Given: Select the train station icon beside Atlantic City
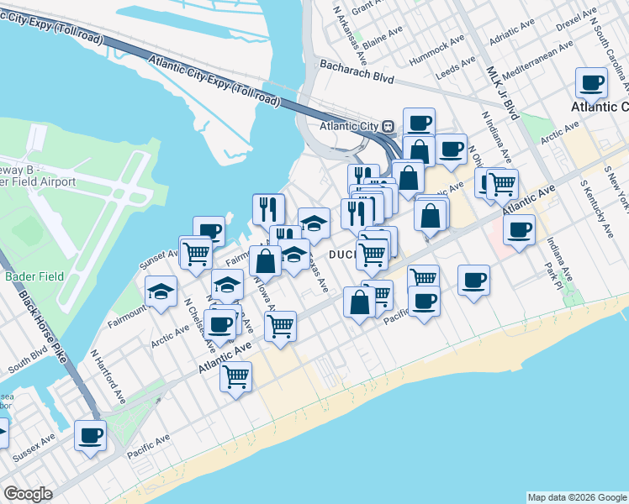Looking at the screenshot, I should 388,126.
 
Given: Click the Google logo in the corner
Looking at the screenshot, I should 28,494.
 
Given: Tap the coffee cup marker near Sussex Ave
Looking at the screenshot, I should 91,435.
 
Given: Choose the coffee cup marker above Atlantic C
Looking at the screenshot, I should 592,83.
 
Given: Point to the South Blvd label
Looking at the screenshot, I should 29,360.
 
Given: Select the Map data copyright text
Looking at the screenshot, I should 577,497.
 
